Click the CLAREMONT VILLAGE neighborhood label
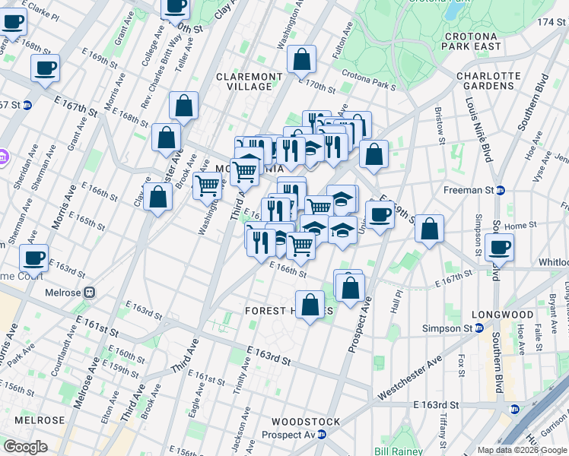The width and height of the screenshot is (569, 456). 250,81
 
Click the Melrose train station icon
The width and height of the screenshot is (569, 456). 89,292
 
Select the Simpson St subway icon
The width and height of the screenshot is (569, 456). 479,328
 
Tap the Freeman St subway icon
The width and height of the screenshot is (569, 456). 501,190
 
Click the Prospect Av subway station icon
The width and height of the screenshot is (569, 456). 321,435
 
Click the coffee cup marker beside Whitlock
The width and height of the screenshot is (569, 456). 499,247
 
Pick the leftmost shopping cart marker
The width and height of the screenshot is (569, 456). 207,185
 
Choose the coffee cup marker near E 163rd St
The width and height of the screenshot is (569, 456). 34,258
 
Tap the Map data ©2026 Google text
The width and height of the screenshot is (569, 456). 522,450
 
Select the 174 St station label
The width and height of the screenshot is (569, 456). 548,22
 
